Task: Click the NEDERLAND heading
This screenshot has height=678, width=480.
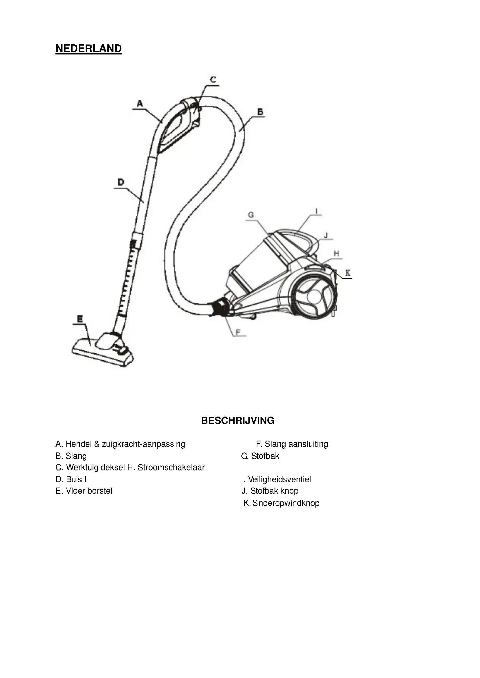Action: pos(89,49)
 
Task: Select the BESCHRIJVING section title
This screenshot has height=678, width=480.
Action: pos(238,421)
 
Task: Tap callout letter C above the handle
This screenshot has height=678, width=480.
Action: pos(213,80)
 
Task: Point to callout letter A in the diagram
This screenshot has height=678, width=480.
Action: pos(140,104)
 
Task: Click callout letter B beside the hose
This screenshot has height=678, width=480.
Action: pos(260,112)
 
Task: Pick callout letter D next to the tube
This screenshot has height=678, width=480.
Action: pos(121,182)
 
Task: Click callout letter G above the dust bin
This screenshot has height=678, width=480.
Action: pos(251,215)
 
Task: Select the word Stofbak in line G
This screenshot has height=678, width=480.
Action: pos(265,456)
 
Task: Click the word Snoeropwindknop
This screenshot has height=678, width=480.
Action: pos(286,503)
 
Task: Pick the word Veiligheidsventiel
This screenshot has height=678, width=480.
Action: pos(279,479)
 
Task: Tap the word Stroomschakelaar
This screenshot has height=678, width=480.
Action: pos(171,468)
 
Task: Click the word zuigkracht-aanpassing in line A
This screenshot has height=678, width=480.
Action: pos(143,444)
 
